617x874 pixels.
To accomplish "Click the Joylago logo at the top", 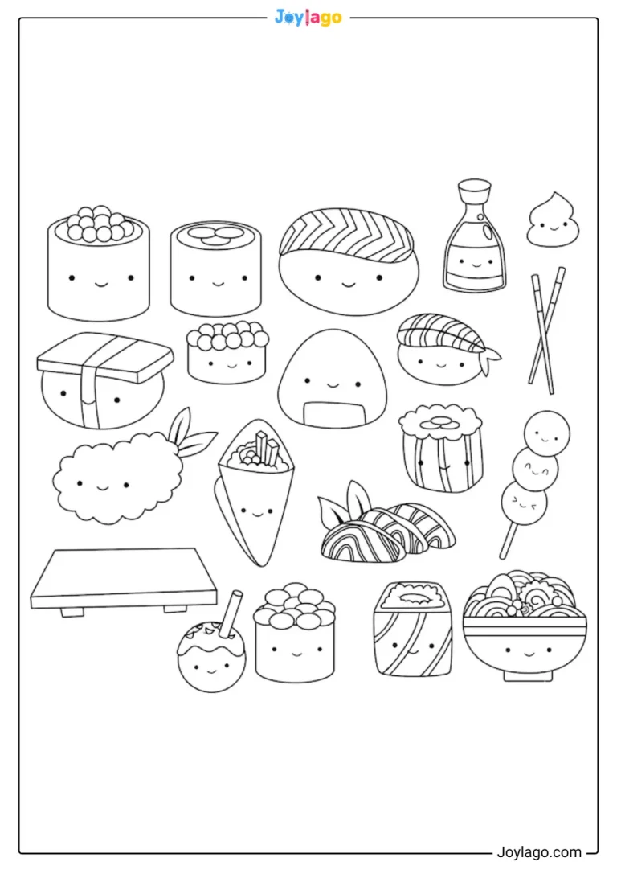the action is pos(308,18).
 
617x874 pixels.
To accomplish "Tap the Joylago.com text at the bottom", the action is pos(538,852).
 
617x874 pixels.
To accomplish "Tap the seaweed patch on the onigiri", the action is pos(334,413).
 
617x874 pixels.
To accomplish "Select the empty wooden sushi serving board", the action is pos(124,581).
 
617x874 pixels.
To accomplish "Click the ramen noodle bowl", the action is pos(525,626).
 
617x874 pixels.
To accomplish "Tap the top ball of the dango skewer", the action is pos(547,433).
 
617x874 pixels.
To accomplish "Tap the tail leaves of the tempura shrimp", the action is pos(193,433).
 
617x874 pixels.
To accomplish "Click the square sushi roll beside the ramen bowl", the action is pos(413,629).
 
